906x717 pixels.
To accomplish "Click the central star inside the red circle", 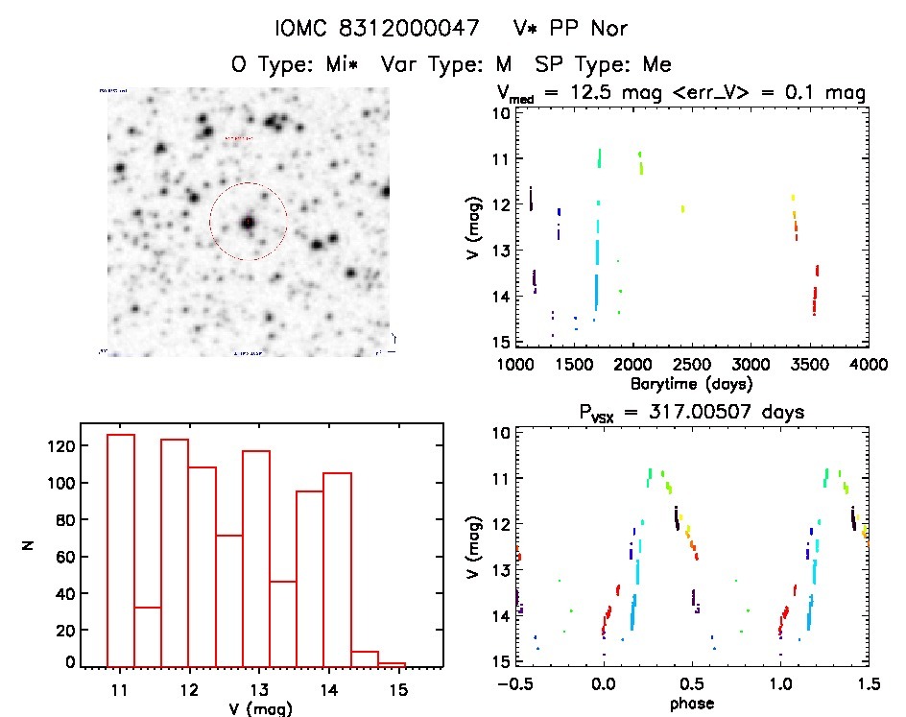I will point(248,222).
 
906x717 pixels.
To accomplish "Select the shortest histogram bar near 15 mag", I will point(392,663).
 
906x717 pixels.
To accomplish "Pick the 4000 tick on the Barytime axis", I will point(869,365).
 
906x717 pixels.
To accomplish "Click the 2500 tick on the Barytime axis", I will point(692,365).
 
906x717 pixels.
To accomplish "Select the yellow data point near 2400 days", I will point(682,208).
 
